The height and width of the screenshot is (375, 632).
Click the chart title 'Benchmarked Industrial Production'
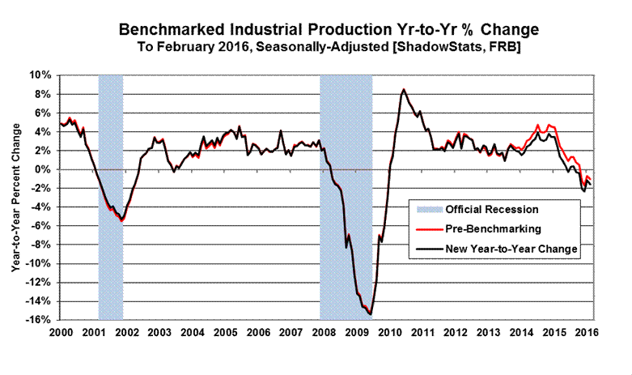328,29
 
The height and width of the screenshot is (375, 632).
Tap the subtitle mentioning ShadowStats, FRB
328,48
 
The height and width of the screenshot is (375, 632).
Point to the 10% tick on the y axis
41,75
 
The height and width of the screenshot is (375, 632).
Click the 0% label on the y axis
45,169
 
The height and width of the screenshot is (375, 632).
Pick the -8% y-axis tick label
41,245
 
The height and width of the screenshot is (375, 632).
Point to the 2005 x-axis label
225,333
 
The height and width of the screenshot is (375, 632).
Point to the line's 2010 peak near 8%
404,90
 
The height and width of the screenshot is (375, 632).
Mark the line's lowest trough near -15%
370,313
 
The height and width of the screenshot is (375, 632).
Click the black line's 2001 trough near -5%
122,219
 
